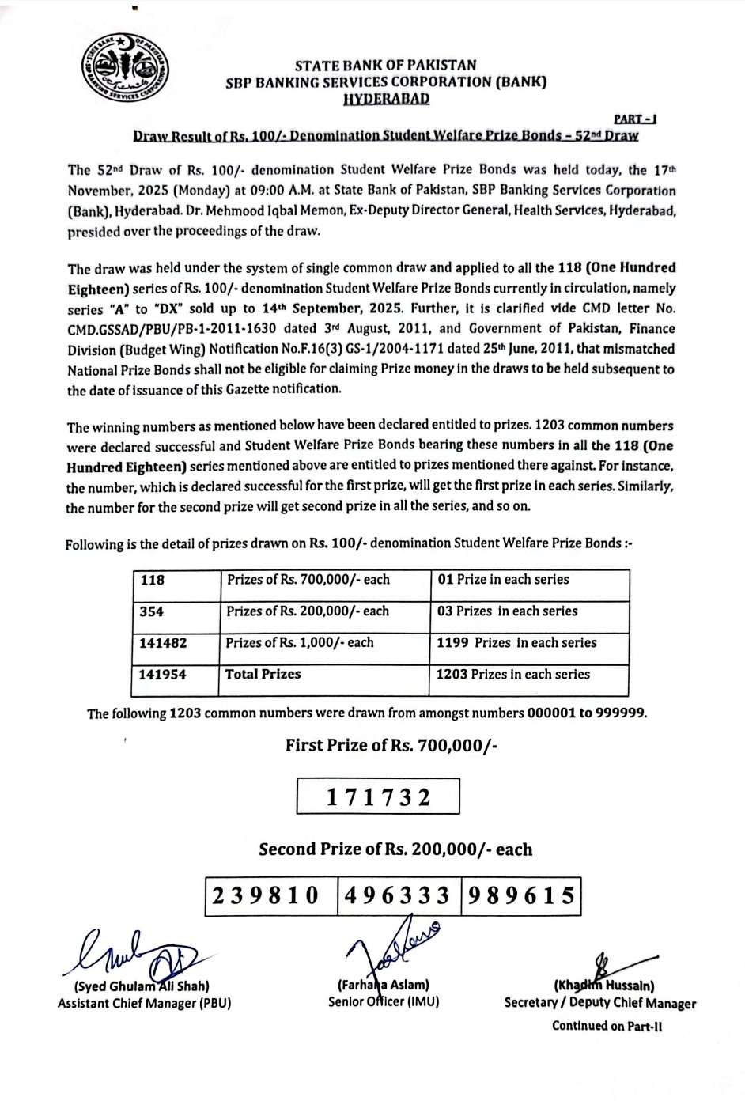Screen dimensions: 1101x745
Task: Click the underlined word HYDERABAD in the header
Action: coord(387,97)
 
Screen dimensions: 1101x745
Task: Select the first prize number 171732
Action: coord(378,797)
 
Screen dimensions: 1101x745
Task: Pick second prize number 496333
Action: coord(399,895)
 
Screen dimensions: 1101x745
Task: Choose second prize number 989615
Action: coord(522,895)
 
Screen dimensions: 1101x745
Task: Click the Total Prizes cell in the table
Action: coord(263,675)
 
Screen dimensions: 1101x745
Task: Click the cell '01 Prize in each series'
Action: coord(502,580)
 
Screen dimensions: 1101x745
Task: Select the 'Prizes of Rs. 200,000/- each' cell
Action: coord(308,611)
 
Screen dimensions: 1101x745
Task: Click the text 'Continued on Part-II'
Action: coord(607,1027)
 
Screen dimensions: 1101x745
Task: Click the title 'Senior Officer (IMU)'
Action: coord(384,1002)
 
